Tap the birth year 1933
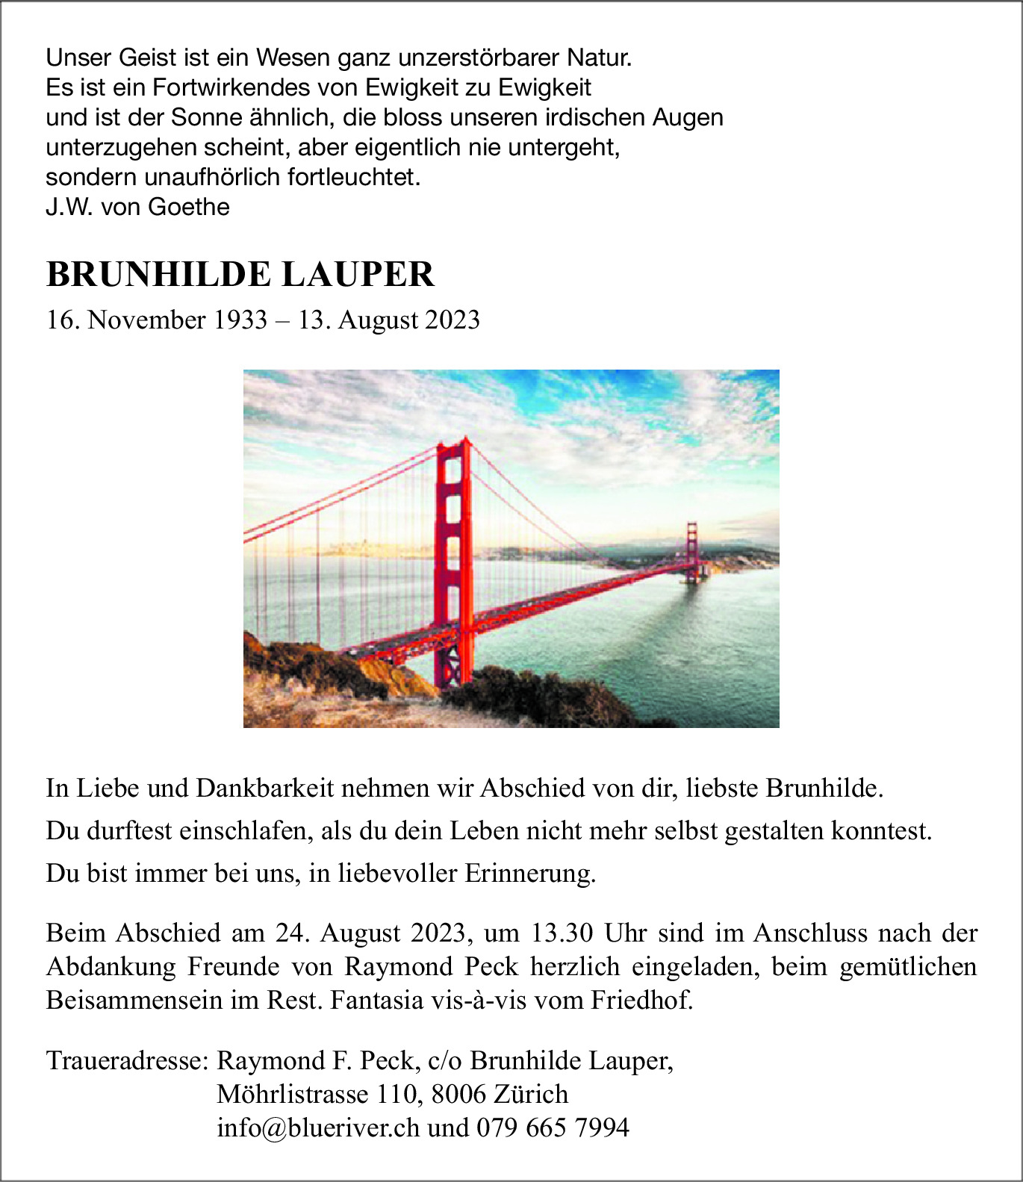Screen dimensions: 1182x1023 tap(240, 320)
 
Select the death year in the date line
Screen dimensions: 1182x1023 tap(453, 320)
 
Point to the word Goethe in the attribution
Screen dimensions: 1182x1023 tap(189, 207)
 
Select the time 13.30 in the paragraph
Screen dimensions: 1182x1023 tap(562, 933)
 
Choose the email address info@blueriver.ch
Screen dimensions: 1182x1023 tap(318, 1127)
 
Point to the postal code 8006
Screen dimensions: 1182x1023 tap(458, 1094)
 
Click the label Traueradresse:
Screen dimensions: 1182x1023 tap(126, 1060)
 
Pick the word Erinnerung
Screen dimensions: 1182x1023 tap(530, 873)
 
